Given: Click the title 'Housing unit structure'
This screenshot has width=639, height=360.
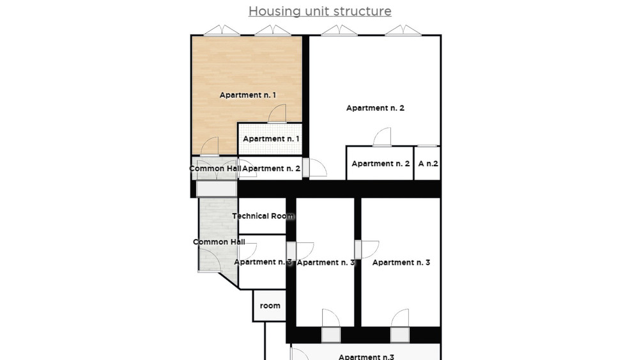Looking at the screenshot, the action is tap(320, 11).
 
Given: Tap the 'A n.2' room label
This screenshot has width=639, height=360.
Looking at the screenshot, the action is tap(428, 164).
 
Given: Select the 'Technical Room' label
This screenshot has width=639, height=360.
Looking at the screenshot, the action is tap(263, 216).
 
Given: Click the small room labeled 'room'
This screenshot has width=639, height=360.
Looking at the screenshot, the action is tap(270, 306).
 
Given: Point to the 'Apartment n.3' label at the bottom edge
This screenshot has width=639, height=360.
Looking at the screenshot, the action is tap(366, 357).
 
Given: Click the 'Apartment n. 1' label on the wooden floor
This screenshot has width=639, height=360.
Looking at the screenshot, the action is tap(248, 95).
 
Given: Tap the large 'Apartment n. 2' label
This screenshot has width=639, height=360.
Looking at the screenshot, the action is tap(375, 108).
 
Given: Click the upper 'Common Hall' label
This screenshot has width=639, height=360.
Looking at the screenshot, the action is tap(215, 168).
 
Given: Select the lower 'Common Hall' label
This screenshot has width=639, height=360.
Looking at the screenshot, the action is tap(219, 242).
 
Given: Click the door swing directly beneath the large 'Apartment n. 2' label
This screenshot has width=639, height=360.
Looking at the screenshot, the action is tap(382, 137).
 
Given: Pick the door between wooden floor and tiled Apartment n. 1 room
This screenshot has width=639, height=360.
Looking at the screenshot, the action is tap(277, 113).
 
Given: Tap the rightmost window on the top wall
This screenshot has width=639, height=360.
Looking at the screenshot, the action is tap(403, 30).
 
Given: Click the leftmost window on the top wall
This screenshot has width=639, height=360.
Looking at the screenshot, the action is tap(222, 30).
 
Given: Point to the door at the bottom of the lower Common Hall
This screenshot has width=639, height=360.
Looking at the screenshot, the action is tap(210, 260).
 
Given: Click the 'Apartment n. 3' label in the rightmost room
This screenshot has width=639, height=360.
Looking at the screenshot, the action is tap(401, 262).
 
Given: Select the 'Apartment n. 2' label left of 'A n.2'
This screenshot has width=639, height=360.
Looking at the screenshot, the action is tap(381, 164).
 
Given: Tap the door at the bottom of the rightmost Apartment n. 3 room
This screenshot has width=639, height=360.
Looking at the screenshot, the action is tap(400, 318).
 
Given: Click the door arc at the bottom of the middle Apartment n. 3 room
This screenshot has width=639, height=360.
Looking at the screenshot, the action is tap(330, 318).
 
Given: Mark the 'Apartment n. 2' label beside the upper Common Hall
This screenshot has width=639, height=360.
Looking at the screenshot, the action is tap(272, 168).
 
